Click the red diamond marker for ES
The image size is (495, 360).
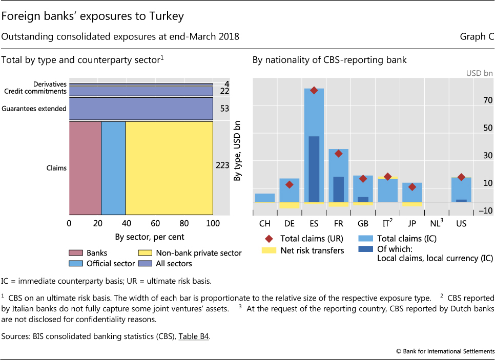[314, 90]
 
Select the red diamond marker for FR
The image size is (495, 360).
[338, 153]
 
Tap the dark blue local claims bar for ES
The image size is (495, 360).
[314, 169]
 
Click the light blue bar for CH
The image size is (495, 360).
[265, 198]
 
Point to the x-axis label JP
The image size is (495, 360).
[412, 224]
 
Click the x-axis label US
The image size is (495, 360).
[462, 224]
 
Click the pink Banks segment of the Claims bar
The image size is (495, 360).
[85, 168]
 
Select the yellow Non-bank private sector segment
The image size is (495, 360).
[169, 168]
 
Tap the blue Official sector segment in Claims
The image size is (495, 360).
[113, 168]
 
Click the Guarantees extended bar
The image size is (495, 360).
[141, 109]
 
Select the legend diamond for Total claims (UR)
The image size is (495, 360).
[268, 239]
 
